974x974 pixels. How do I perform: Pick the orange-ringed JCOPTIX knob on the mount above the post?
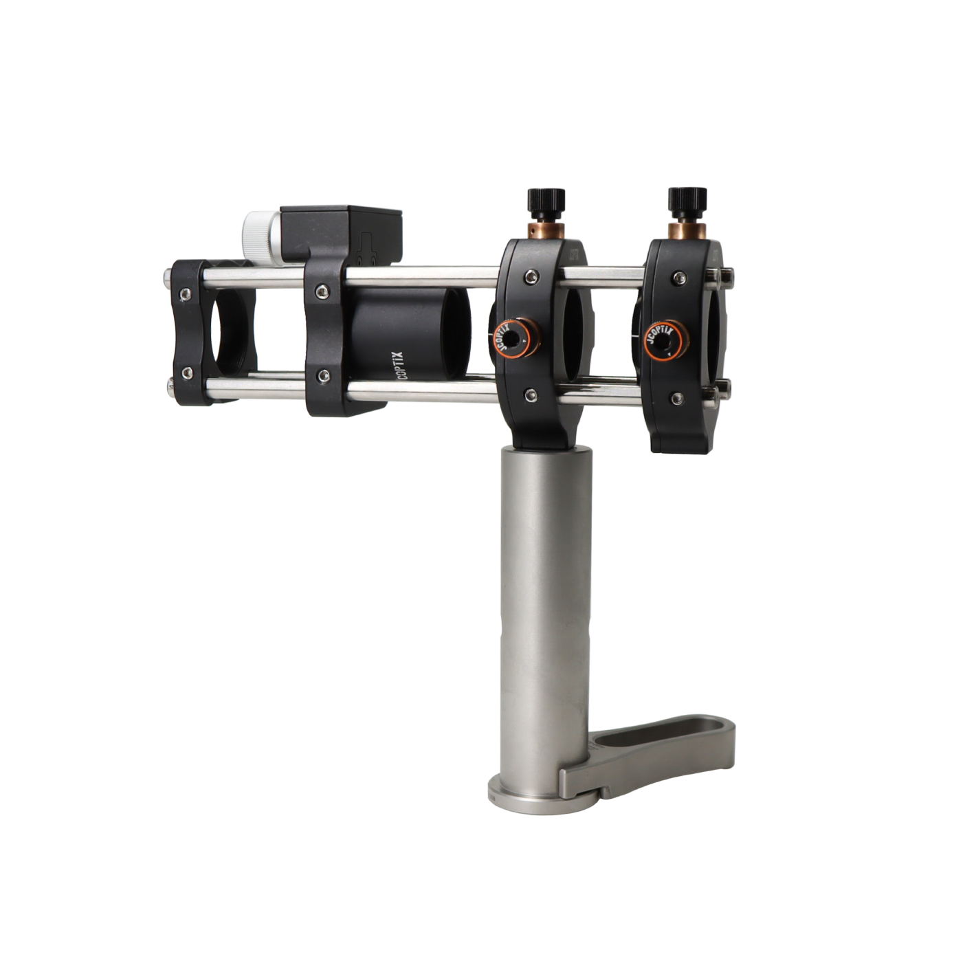(x=513, y=338)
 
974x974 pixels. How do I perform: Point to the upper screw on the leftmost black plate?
(x=184, y=294)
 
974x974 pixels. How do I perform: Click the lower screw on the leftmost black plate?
(x=185, y=373)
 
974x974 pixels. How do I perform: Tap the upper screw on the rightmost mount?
(x=678, y=277)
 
